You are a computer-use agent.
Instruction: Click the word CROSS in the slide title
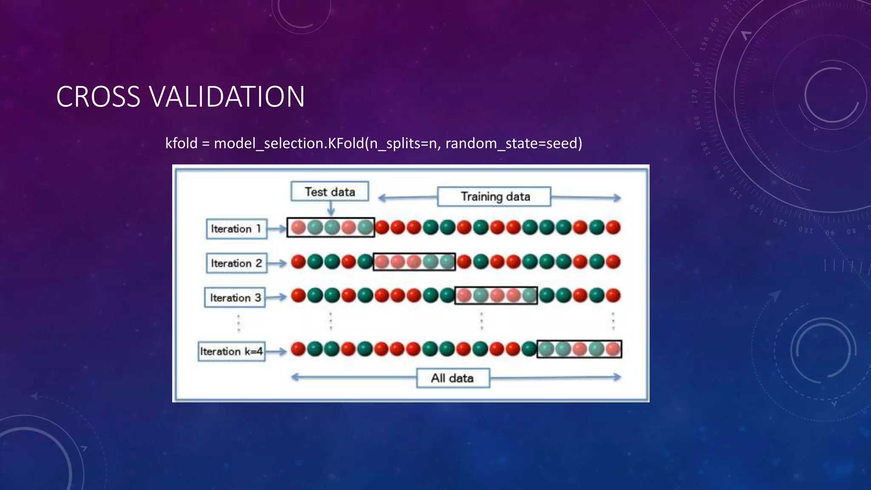coord(98,97)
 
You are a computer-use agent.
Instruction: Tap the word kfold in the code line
coord(181,143)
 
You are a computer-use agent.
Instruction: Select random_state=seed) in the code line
coord(514,143)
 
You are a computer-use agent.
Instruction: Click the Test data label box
coord(330,191)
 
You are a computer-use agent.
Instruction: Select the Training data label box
coord(494,197)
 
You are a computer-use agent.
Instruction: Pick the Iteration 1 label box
coord(236,229)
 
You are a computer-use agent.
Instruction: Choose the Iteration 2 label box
coord(236,263)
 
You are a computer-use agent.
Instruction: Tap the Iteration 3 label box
coord(235,297)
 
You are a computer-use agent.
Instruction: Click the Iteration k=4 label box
coord(232,351)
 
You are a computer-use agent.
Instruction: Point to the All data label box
coord(453,378)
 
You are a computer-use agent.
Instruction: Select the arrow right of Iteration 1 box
coord(277,229)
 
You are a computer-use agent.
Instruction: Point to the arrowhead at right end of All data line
coord(617,377)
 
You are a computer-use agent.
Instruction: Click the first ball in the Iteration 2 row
coord(299,262)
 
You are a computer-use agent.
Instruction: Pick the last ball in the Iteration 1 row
coord(613,227)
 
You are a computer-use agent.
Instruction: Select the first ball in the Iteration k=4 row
coord(299,349)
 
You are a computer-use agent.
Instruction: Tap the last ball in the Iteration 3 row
coord(613,295)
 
